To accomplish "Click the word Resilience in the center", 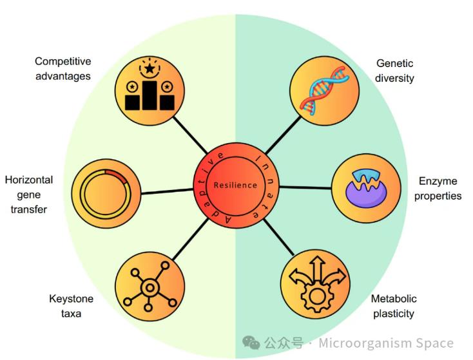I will (235, 185).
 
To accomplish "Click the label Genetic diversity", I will (394, 71).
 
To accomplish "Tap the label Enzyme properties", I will (438, 188).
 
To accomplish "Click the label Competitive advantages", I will (63, 69).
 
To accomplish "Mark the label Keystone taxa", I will (71, 306).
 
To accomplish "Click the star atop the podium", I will (150, 68).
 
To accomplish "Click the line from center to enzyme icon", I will (305, 187).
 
